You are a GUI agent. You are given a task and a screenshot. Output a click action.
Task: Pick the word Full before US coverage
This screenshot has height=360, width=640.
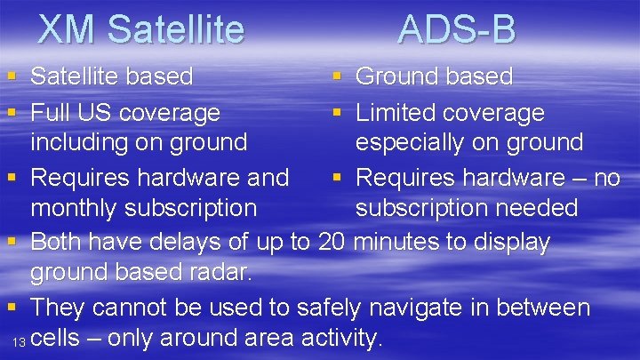50,113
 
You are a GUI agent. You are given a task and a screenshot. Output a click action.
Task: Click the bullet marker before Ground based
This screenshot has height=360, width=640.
337,77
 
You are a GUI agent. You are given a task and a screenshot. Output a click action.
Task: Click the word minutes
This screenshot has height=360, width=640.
401,242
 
